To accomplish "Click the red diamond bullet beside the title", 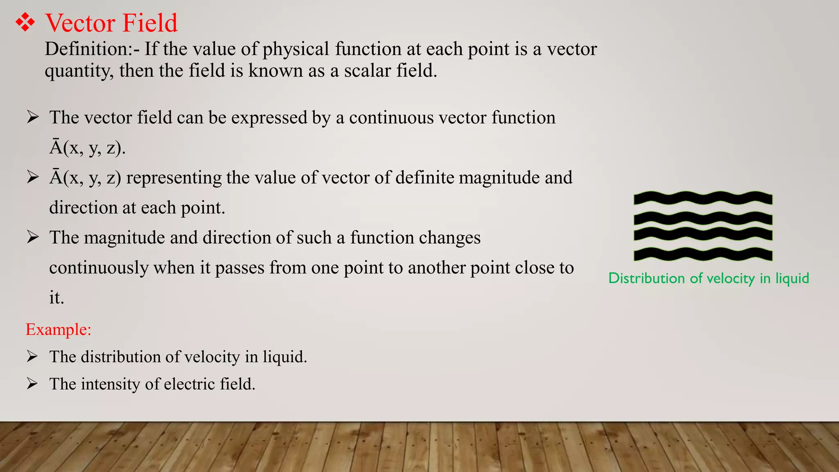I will pyautogui.click(x=25, y=23).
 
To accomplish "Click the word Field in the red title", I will pyautogui.click(x=150, y=23).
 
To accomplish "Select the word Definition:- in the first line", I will pyautogui.click(x=92, y=49).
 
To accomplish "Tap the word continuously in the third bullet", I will pyautogui.click(x=99, y=268).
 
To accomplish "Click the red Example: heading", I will pyautogui.click(x=58, y=329).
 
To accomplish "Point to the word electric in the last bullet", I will pyautogui.click(x=190, y=384).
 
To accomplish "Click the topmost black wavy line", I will pyautogui.click(x=703, y=198).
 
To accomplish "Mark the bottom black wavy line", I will pyautogui.click(x=703, y=254).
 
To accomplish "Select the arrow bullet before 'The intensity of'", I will pyautogui.click(x=32, y=383).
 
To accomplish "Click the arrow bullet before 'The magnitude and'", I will pyautogui.click(x=32, y=237).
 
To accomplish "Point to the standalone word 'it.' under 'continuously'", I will pyautogui.click(x=57, y=298).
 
